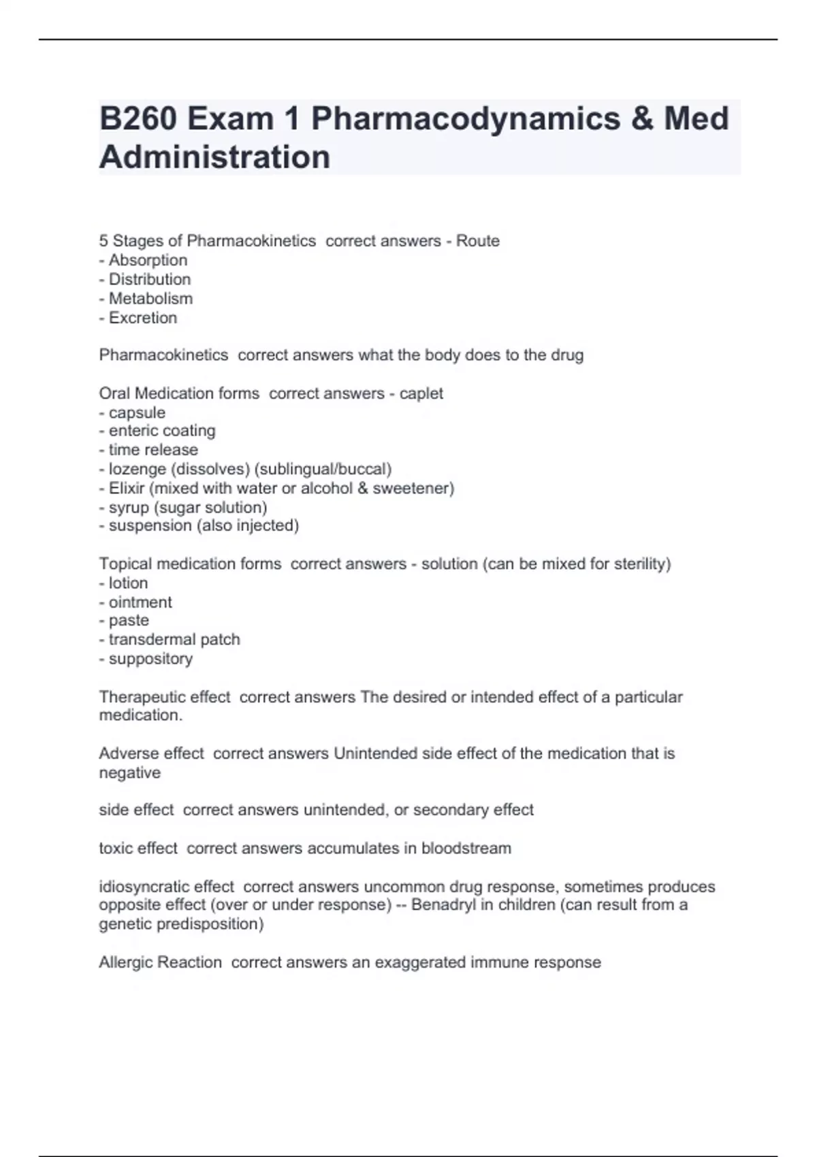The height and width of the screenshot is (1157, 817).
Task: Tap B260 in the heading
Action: [138, 118]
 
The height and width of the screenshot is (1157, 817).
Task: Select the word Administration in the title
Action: [214, 157]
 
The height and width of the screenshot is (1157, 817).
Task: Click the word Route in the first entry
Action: [478, 241]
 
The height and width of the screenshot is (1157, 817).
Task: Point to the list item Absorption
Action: [148, 260]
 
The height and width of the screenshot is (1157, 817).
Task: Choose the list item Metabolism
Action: [150, 298]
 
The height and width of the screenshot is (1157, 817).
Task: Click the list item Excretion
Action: [143, 318]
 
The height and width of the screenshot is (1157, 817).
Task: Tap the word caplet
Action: [421, 393]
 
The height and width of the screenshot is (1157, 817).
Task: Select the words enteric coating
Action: [162, 431]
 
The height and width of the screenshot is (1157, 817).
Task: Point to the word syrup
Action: [129, 507]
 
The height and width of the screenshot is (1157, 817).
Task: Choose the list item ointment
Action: [140, 602]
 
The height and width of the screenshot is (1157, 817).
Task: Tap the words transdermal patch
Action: [174, 640]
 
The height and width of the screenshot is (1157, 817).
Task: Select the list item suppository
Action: [150, 659]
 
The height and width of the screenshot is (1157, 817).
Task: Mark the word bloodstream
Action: [466, 848]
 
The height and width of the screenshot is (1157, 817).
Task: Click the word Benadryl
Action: [444, 905]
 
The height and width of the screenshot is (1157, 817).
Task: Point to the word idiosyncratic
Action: [144, 887]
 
